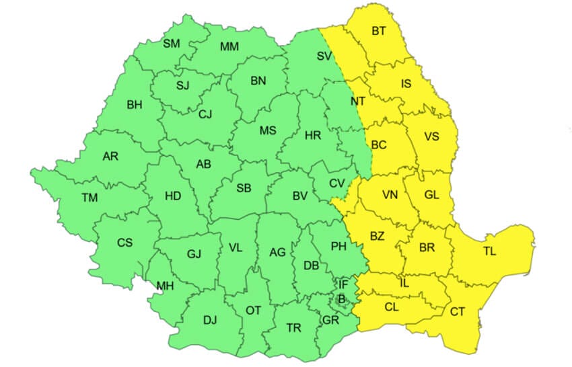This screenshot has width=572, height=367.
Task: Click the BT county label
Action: pos(380,31)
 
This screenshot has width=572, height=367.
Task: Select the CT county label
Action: pos(458,312)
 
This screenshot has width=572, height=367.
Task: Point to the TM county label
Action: pos(90,198)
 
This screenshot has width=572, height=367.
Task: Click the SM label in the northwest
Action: pos(172,44)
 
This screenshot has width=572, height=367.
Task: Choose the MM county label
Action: pos(229,46)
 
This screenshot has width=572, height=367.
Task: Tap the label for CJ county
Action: pos(205,114)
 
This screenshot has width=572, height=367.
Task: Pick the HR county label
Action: pos(312,135)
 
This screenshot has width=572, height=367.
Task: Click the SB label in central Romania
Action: pos(244,188)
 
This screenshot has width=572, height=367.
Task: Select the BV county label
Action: pos(299,196)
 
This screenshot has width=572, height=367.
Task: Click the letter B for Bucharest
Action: pos(341,298)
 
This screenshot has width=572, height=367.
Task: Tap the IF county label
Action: pos(343,285)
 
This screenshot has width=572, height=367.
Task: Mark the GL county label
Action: pos(431,195)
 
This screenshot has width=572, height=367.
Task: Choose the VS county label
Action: pos(431,136)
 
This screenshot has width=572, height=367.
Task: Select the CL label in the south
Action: pos(391,307)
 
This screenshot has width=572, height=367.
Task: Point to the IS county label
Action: pos(406,84)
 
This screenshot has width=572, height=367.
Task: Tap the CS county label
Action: pos(124,243)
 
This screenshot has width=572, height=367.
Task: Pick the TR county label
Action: pos(293,328)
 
